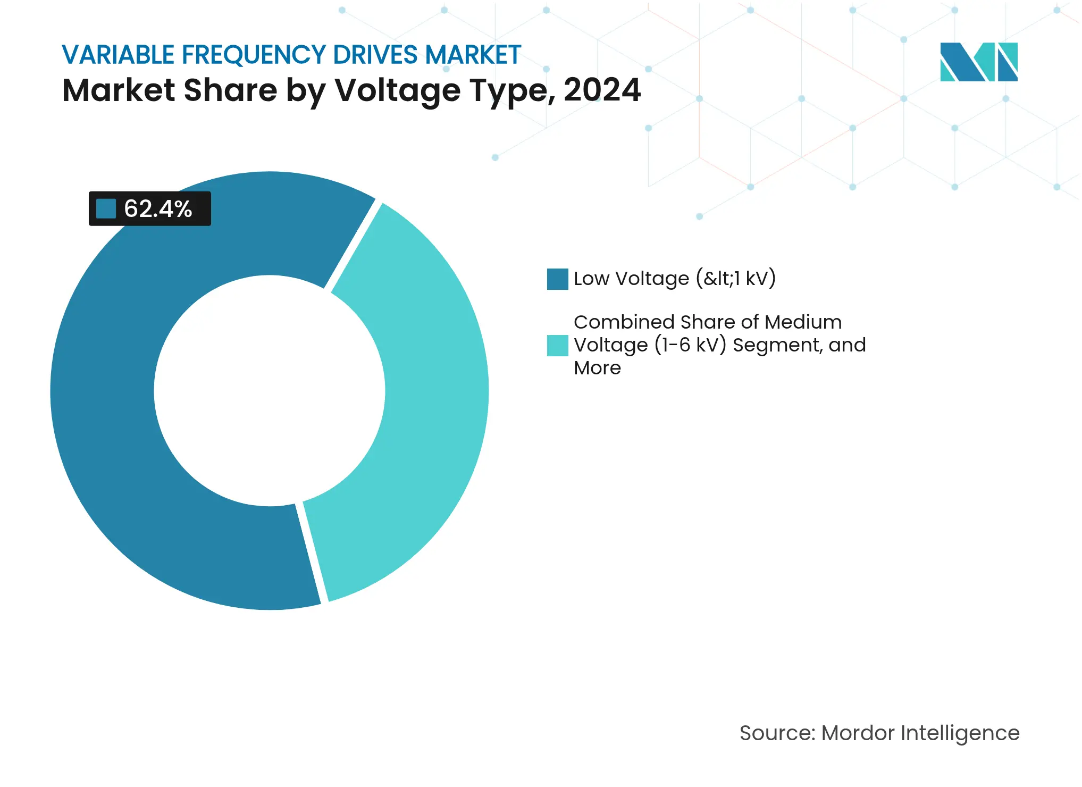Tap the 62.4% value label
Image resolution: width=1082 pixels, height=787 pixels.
pos(158,208)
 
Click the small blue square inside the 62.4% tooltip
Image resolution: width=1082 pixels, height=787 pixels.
pos(106,208)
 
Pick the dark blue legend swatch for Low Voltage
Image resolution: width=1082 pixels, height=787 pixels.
pos(557,279)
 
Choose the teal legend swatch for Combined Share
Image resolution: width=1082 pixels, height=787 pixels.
pos(557,345)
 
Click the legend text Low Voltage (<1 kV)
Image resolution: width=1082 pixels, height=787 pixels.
pos(674,279)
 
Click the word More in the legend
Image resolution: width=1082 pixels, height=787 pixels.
pos(597,368)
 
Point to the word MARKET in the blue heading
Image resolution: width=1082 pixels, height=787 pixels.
pos(473,55)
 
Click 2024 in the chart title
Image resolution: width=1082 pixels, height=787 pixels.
pos(602,90)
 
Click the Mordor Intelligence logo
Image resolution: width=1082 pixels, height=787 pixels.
pos(978,62)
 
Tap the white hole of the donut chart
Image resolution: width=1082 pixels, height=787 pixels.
pos(270,391)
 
